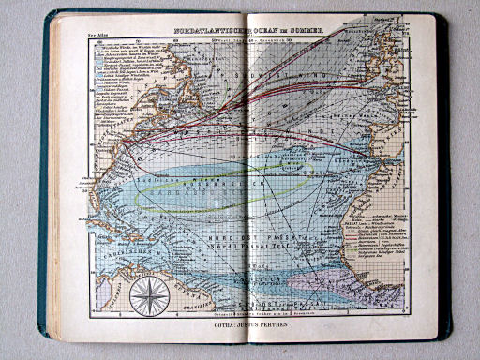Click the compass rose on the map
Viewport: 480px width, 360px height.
(x=146, y=297)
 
